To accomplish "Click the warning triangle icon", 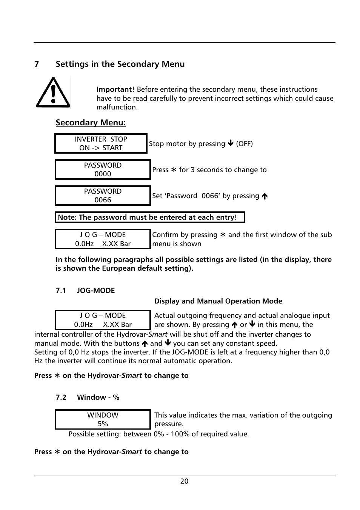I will pos(53,92).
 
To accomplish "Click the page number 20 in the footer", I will pos(184,481).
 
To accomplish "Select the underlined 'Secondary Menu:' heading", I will pos(91,122).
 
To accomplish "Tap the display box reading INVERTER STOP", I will pos(101,143).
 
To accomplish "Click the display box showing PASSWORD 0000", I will pos(103,169).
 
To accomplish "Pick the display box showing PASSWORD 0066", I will pos(103,196).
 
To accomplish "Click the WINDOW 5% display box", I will pos(103,419).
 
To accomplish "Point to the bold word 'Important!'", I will pos(115,89).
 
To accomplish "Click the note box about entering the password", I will pos(150,217).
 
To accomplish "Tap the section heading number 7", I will pos(37,64).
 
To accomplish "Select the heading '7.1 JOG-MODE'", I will pos(85,290).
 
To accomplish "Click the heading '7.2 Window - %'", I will pos(88,397).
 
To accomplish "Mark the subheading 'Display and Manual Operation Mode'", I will pos(218,301).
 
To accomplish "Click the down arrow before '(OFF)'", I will pos(231,143).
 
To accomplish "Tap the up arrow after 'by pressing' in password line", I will pos(265,196).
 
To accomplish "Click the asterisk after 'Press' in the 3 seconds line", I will pos(174,170).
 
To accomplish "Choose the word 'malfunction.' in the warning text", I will pos(117,107).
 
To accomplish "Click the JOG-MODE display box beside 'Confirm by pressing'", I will pos(103,239).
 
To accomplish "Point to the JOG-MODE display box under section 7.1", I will pos(103,320).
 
